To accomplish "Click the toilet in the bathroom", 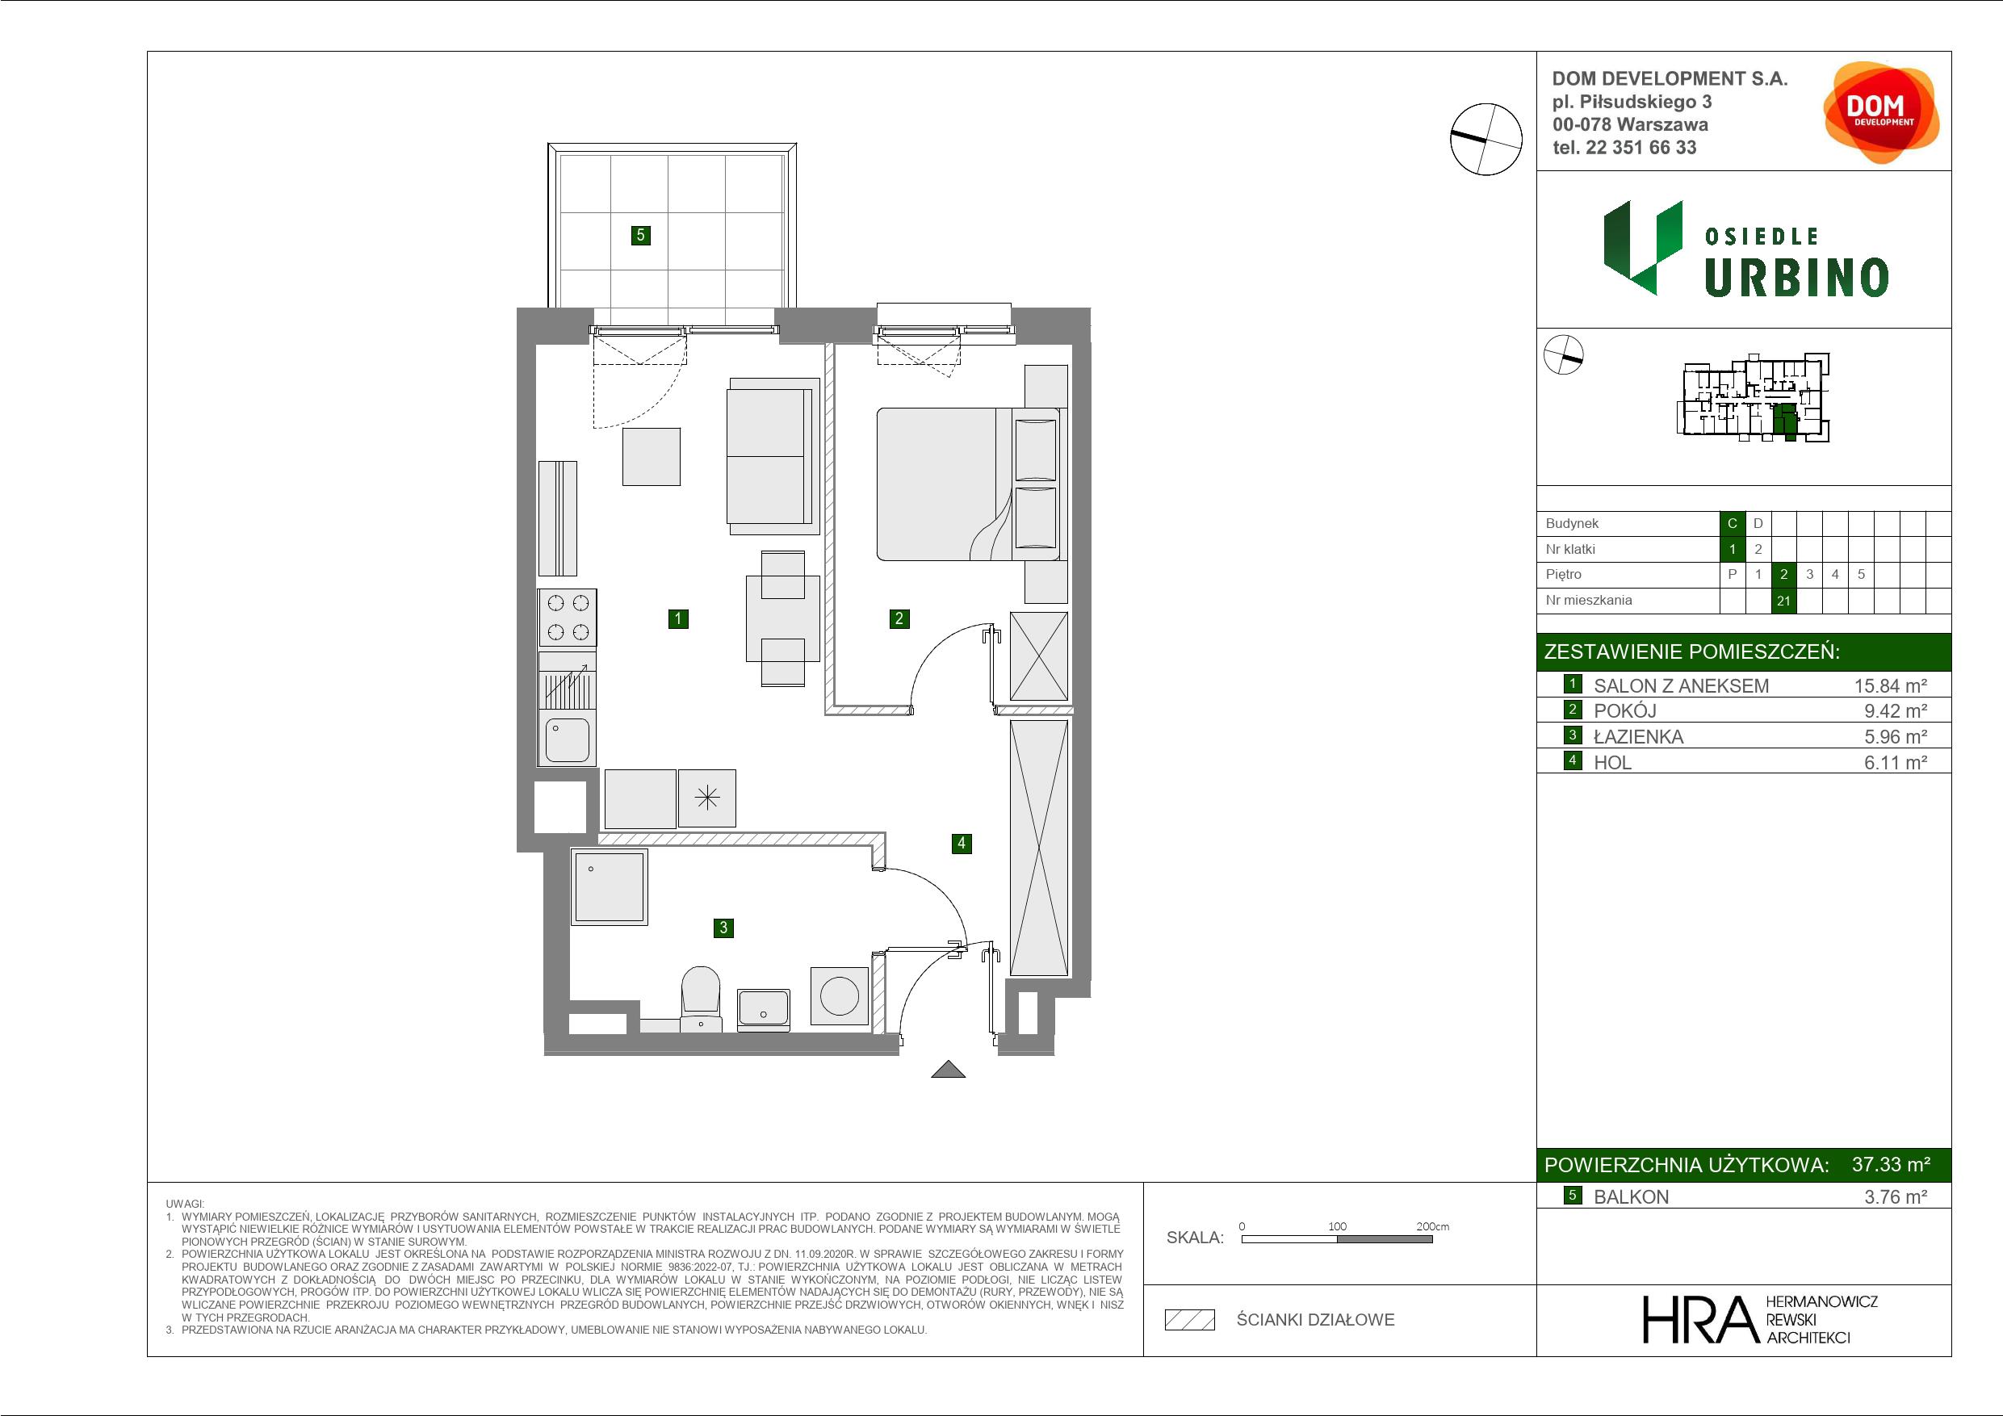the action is [x=700, y=998].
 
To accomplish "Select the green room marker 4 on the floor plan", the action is [x=962, y=843].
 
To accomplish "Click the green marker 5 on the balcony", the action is [x=640, y=235].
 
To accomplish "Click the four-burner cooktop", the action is [x=568, y=617].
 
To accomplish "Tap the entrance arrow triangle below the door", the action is [x=949, y=1069].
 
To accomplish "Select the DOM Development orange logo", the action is [x=1881, y=112].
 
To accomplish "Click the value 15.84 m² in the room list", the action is [x=1891, y=685].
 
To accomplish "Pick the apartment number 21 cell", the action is [x=1783, y=601].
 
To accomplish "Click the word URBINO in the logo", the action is [x=1796, y=279].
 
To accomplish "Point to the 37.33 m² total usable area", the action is [x=1891, y=1164].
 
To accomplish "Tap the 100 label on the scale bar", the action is [x=1338, y=1225].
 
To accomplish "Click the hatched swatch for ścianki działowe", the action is [x=1190, y=1320].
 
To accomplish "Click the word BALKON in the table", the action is [x=1631, y=1197].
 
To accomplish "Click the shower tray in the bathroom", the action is [x=609, y=886].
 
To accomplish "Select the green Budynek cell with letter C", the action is [x=1733, y=523].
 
